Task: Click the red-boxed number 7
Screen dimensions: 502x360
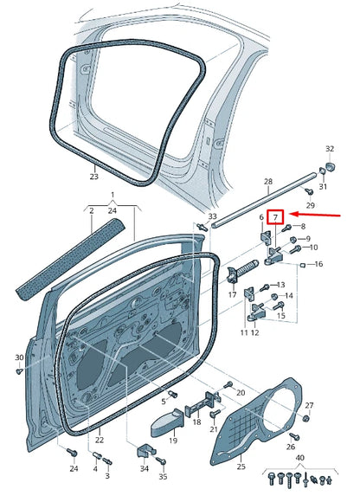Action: tap(276, 216)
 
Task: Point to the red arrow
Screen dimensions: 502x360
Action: tap(319, 213)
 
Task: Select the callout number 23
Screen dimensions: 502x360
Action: tap(94, 177)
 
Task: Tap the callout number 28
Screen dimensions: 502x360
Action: tap(268, 183)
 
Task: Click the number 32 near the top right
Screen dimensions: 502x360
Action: tap(329, 149)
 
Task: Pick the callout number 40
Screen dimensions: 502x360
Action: tap(300, 459)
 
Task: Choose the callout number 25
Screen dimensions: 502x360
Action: tap(241, 467)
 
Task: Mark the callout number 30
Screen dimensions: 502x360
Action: tap(19, 357)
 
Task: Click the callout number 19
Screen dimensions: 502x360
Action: tap(173, 441)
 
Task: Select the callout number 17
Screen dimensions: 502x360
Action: tap(232, 295)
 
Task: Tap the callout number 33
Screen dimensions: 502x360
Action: tap(213, 215)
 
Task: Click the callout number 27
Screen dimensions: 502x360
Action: tap(310, 405)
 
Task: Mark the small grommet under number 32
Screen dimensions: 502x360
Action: tap(330, 168)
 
